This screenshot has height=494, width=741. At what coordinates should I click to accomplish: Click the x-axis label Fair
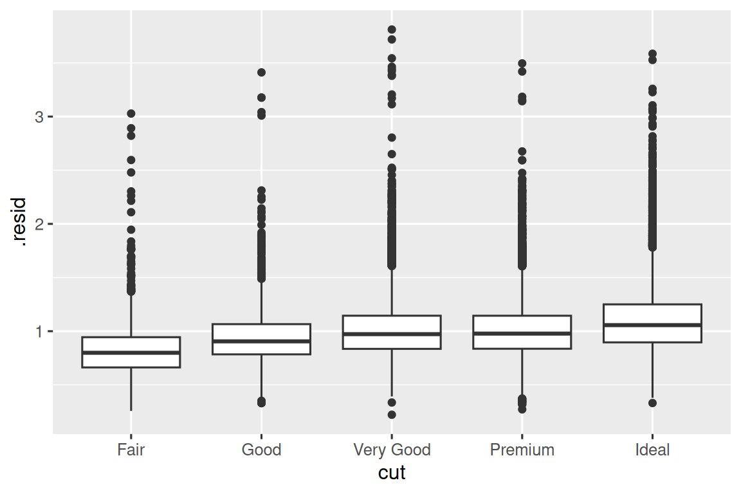coord(131,450)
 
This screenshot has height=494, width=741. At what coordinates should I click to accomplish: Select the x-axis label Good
coord(261,450)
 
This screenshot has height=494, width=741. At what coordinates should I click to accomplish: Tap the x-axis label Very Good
coord(392,450)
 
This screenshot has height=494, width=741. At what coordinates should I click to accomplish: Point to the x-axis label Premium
coord(522,450)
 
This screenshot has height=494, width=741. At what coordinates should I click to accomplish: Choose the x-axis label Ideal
coord(652,450)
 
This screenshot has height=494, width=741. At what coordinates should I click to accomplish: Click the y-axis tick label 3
coord(40,117)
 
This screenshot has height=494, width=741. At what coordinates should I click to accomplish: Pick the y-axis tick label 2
coord(40,224)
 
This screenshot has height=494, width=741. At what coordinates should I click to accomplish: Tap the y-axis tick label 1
coord(40,332)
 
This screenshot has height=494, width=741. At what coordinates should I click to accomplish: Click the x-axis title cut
coord(392,473)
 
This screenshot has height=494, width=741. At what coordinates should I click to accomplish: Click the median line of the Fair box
coord(131,352)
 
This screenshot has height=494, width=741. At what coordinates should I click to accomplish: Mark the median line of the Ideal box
coord(652,325)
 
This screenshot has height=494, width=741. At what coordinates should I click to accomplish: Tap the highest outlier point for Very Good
coord(392,30)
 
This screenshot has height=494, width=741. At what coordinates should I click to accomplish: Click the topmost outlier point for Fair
coord(131,114)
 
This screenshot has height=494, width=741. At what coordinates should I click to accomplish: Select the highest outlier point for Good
coord(261,73)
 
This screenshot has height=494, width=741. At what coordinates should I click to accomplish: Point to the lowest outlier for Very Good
coord(392,415)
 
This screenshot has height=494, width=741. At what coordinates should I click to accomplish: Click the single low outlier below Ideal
coord(652,403)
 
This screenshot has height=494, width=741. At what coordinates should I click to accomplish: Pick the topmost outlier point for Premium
coord(522,64)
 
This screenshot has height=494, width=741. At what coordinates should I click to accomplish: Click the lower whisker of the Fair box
coord(131,389)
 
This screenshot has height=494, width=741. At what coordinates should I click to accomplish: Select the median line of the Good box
coord(261,341)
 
